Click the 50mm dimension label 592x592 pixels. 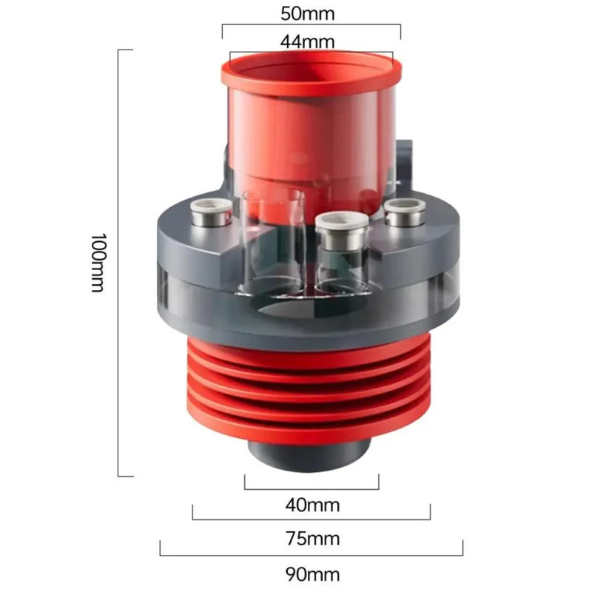[312, 14]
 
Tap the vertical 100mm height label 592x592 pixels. [98, 263]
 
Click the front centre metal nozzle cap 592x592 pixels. [341, 225]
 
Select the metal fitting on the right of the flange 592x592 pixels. [406, 212]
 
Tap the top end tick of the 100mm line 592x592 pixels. [125, 50]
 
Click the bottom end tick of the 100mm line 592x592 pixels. [125, 476]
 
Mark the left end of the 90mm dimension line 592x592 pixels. [161, 548]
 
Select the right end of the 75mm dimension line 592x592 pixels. [430, 513]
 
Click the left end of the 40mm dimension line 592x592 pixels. [245, 482]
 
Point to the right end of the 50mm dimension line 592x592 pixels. [400, 31]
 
